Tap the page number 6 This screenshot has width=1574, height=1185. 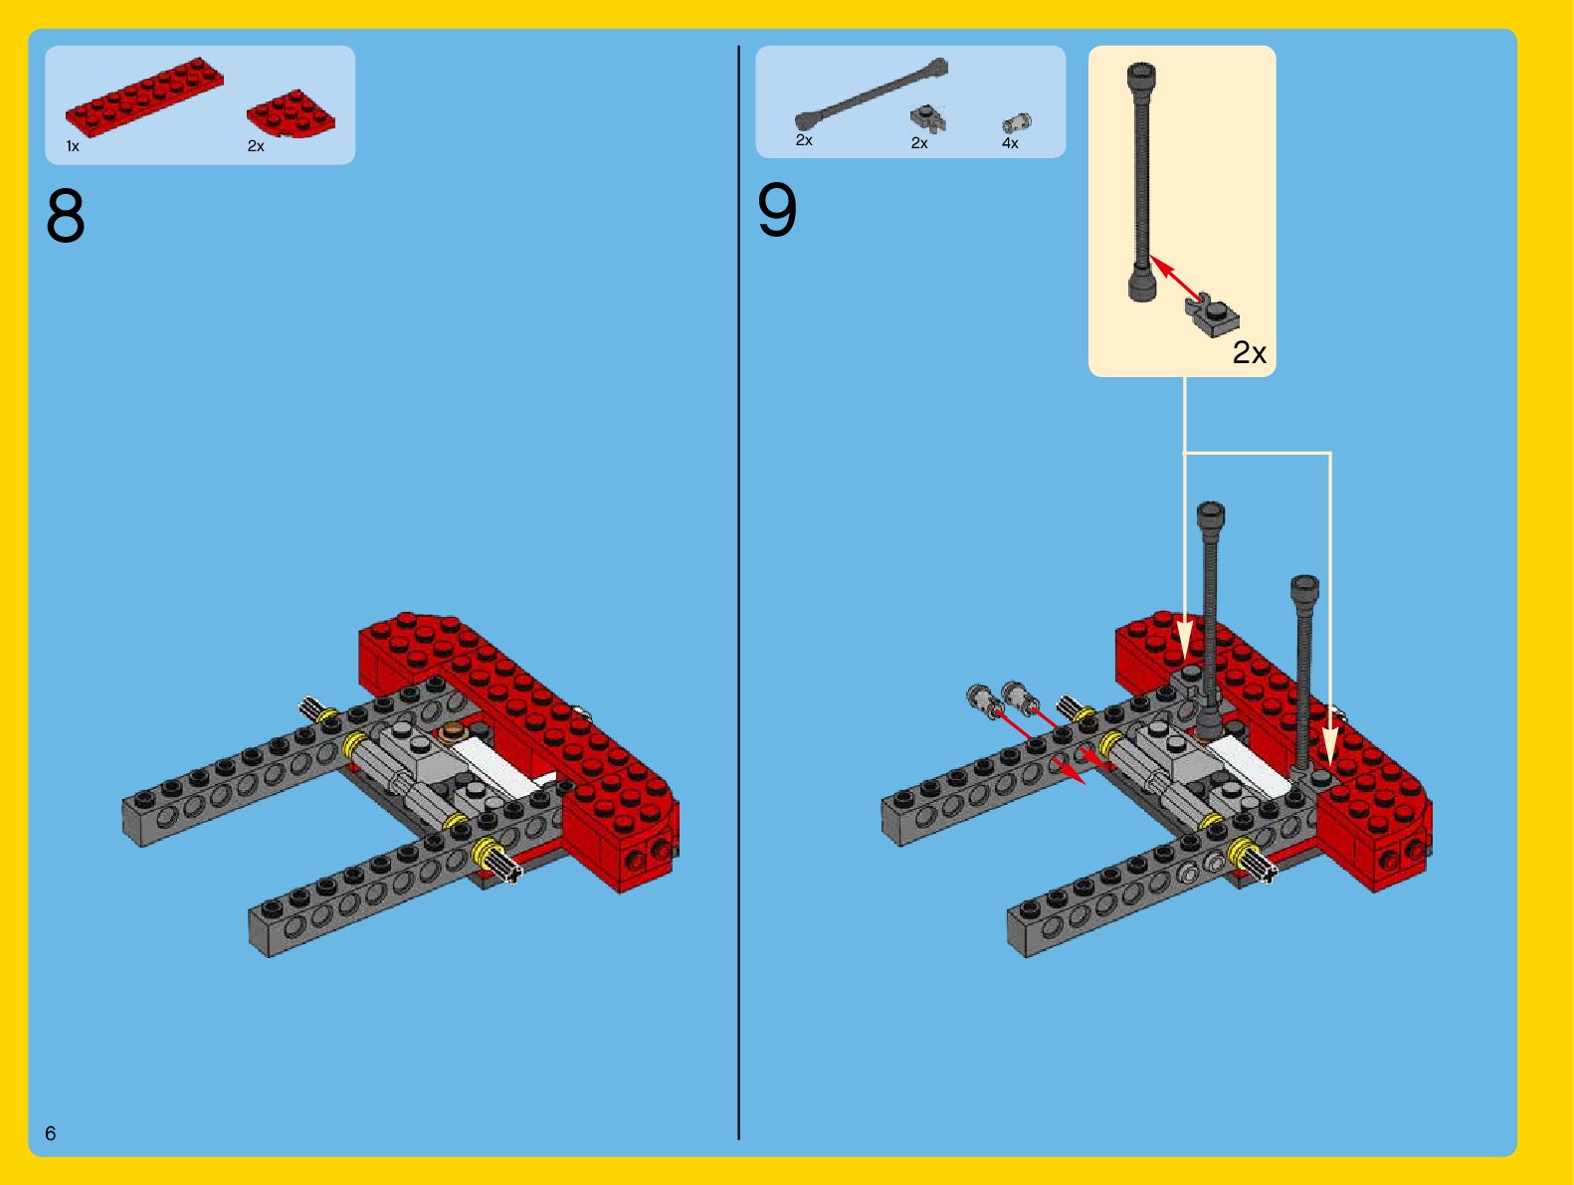50,1133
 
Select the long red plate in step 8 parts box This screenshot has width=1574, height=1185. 145,97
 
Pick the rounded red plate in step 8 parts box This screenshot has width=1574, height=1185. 291,113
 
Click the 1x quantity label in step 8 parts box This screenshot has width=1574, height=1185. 73,146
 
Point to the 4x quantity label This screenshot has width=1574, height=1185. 1010,143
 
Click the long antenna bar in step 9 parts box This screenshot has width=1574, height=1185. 872,94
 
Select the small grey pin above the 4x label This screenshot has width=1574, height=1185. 1016,123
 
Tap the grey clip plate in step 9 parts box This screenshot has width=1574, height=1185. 928,119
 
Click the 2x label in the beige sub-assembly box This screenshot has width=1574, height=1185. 1250,352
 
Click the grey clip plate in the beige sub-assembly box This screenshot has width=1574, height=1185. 1212,315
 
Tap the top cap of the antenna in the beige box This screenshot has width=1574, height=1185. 1141,76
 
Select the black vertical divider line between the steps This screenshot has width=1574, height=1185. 738,592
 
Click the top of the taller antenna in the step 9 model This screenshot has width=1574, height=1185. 1211,514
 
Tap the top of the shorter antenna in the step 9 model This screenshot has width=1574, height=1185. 1304,588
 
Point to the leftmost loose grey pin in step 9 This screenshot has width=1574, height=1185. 982,698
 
